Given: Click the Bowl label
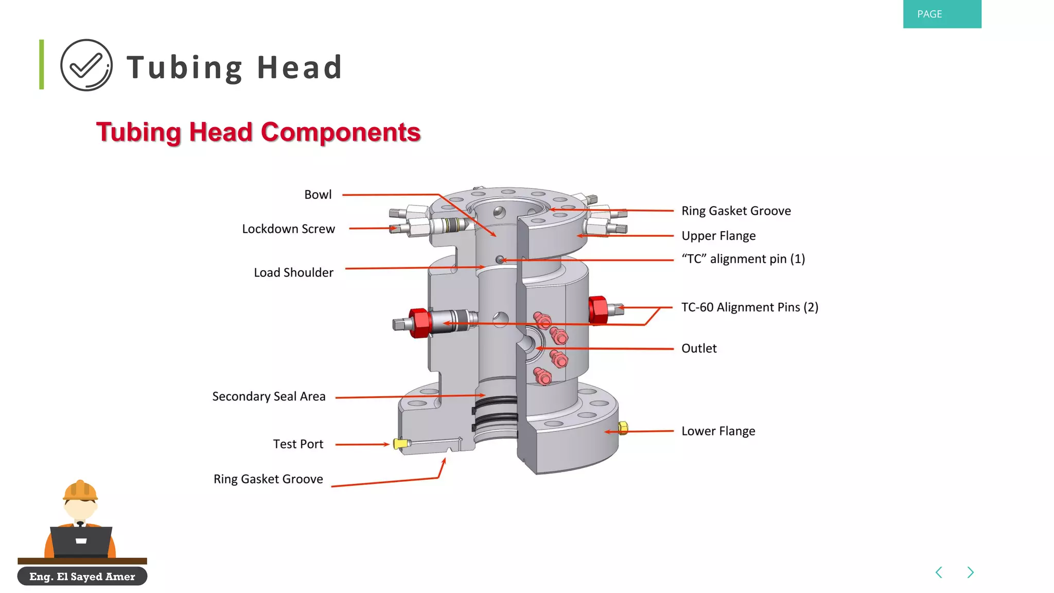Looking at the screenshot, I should tap(318, 195).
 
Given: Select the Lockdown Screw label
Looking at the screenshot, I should tap(288, 229).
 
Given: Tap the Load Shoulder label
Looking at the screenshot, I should tap(293, 273).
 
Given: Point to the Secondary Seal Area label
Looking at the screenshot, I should tap(269, 396).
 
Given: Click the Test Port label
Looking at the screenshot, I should tap(298, 444).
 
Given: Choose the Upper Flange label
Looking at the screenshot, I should tap(718, 236).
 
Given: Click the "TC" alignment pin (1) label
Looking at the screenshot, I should tap(743, 259).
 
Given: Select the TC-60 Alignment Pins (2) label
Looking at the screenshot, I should tap(749, 307).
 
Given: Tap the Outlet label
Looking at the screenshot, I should tap(699, 348).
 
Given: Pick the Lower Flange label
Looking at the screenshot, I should tap(718, 431).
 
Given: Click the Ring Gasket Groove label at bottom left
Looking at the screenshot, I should tap(268, 479).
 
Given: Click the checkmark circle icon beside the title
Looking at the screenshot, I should tap(86, 65).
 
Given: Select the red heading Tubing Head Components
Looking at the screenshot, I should tap(258, 132).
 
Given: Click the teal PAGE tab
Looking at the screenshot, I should tap(942, 14).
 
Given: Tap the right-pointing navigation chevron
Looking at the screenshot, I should tap(971, 572).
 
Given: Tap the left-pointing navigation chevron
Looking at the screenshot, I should tap(939, 572).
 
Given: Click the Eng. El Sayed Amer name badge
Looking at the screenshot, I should tap(82, 577).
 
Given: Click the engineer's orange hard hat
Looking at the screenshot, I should tap(80, 490).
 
